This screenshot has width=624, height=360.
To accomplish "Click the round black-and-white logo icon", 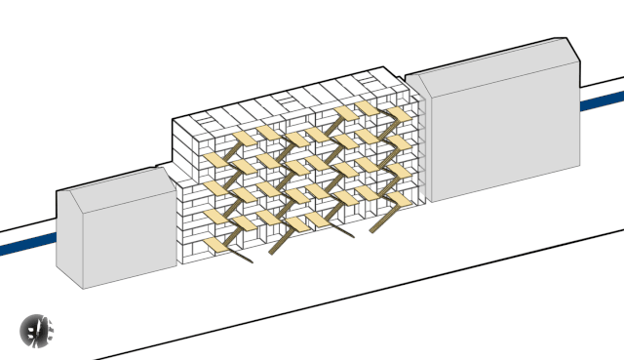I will (38, 332).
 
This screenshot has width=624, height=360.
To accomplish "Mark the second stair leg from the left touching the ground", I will (272, 252).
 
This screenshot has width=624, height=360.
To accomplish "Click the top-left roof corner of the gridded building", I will (174, 119).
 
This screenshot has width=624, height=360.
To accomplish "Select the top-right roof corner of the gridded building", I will (388, 67).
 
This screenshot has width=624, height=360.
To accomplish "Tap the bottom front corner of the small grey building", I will (83, 288).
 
